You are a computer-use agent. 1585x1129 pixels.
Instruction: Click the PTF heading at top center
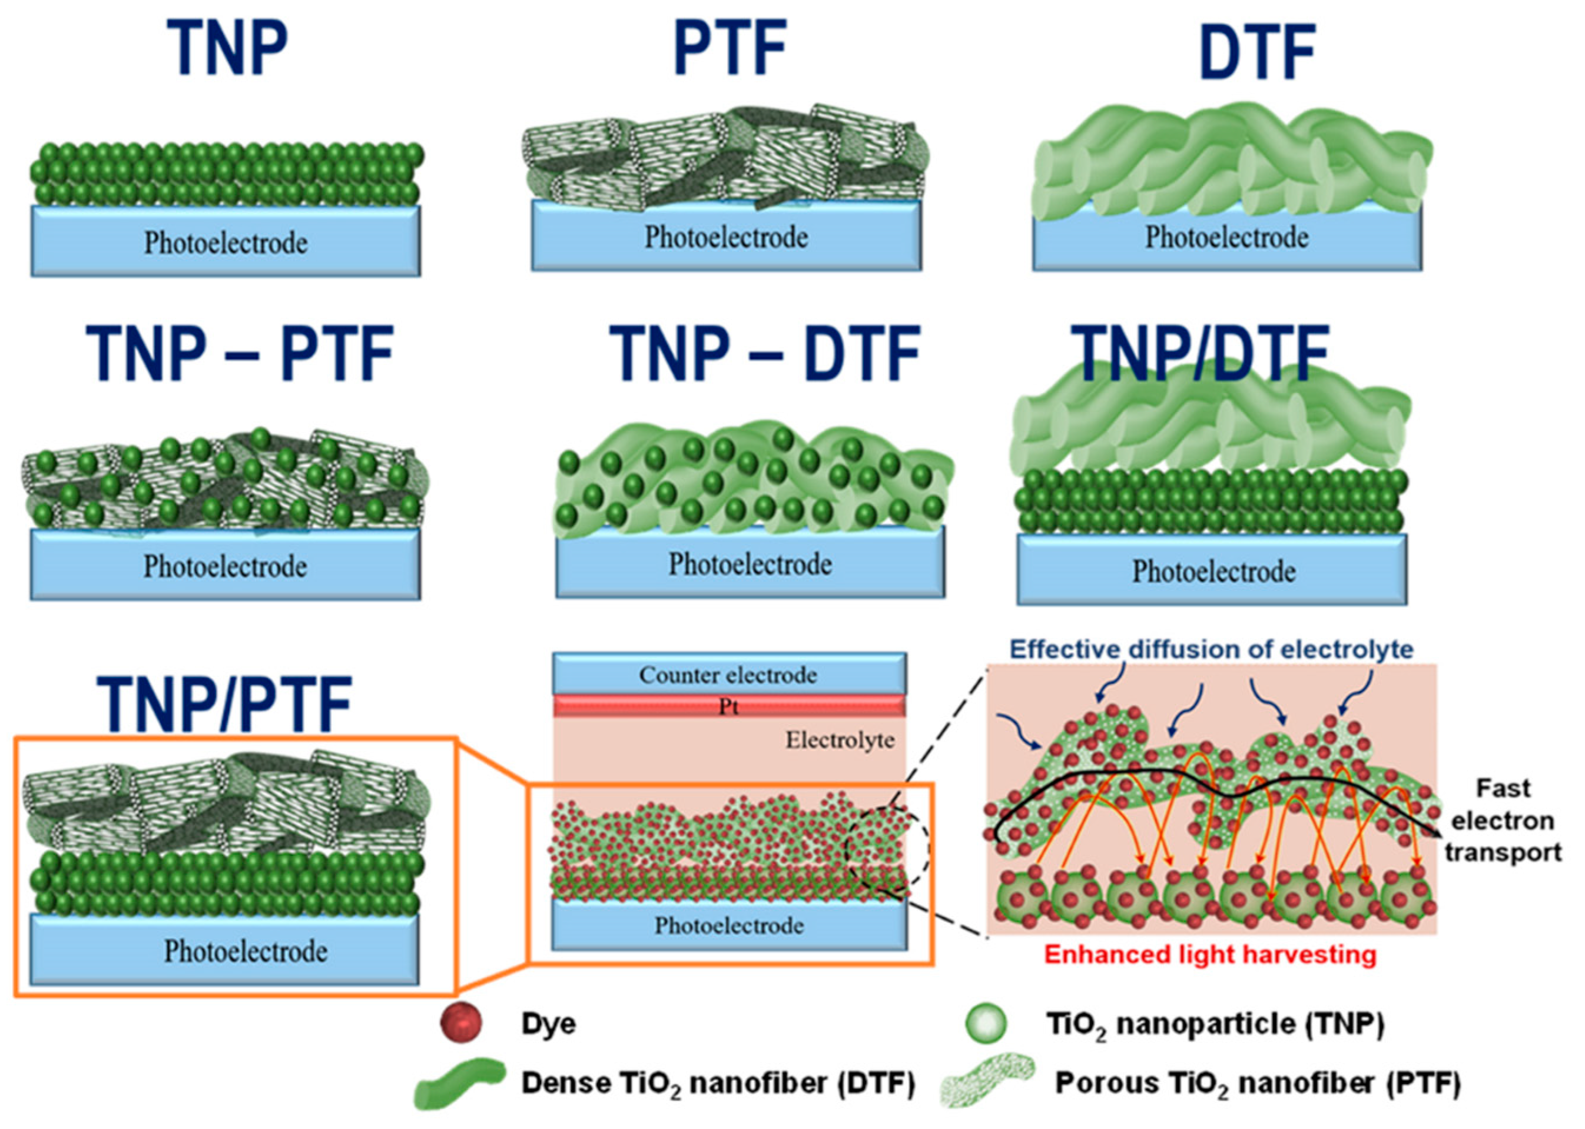coord(730,47)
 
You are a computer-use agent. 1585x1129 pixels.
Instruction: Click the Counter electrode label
coord(728,675)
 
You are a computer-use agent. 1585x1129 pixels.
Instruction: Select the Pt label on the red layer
coord(728,707)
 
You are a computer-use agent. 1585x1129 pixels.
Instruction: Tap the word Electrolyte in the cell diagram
coord(840,740)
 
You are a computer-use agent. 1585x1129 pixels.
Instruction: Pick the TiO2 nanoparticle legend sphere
coord(986,1022)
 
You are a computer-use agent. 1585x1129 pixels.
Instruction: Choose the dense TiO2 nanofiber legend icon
coord(459,1082)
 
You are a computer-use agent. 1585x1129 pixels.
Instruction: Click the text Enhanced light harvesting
coord(1209,954)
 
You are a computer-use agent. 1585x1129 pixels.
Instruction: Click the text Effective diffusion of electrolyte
coord(1211,649)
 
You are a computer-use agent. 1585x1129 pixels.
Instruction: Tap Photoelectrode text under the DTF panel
coord(1226,237)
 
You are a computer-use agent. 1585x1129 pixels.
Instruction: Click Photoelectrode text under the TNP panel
coord(226,243)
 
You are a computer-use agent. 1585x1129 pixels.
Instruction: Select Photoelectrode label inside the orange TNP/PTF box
coord(245,951)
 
